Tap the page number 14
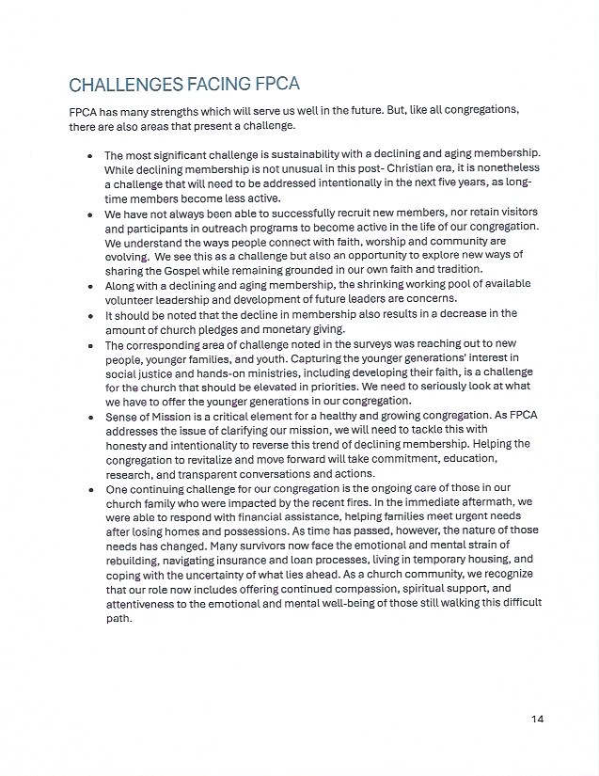537,720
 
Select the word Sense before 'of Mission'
122,412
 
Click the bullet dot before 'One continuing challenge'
89,490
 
